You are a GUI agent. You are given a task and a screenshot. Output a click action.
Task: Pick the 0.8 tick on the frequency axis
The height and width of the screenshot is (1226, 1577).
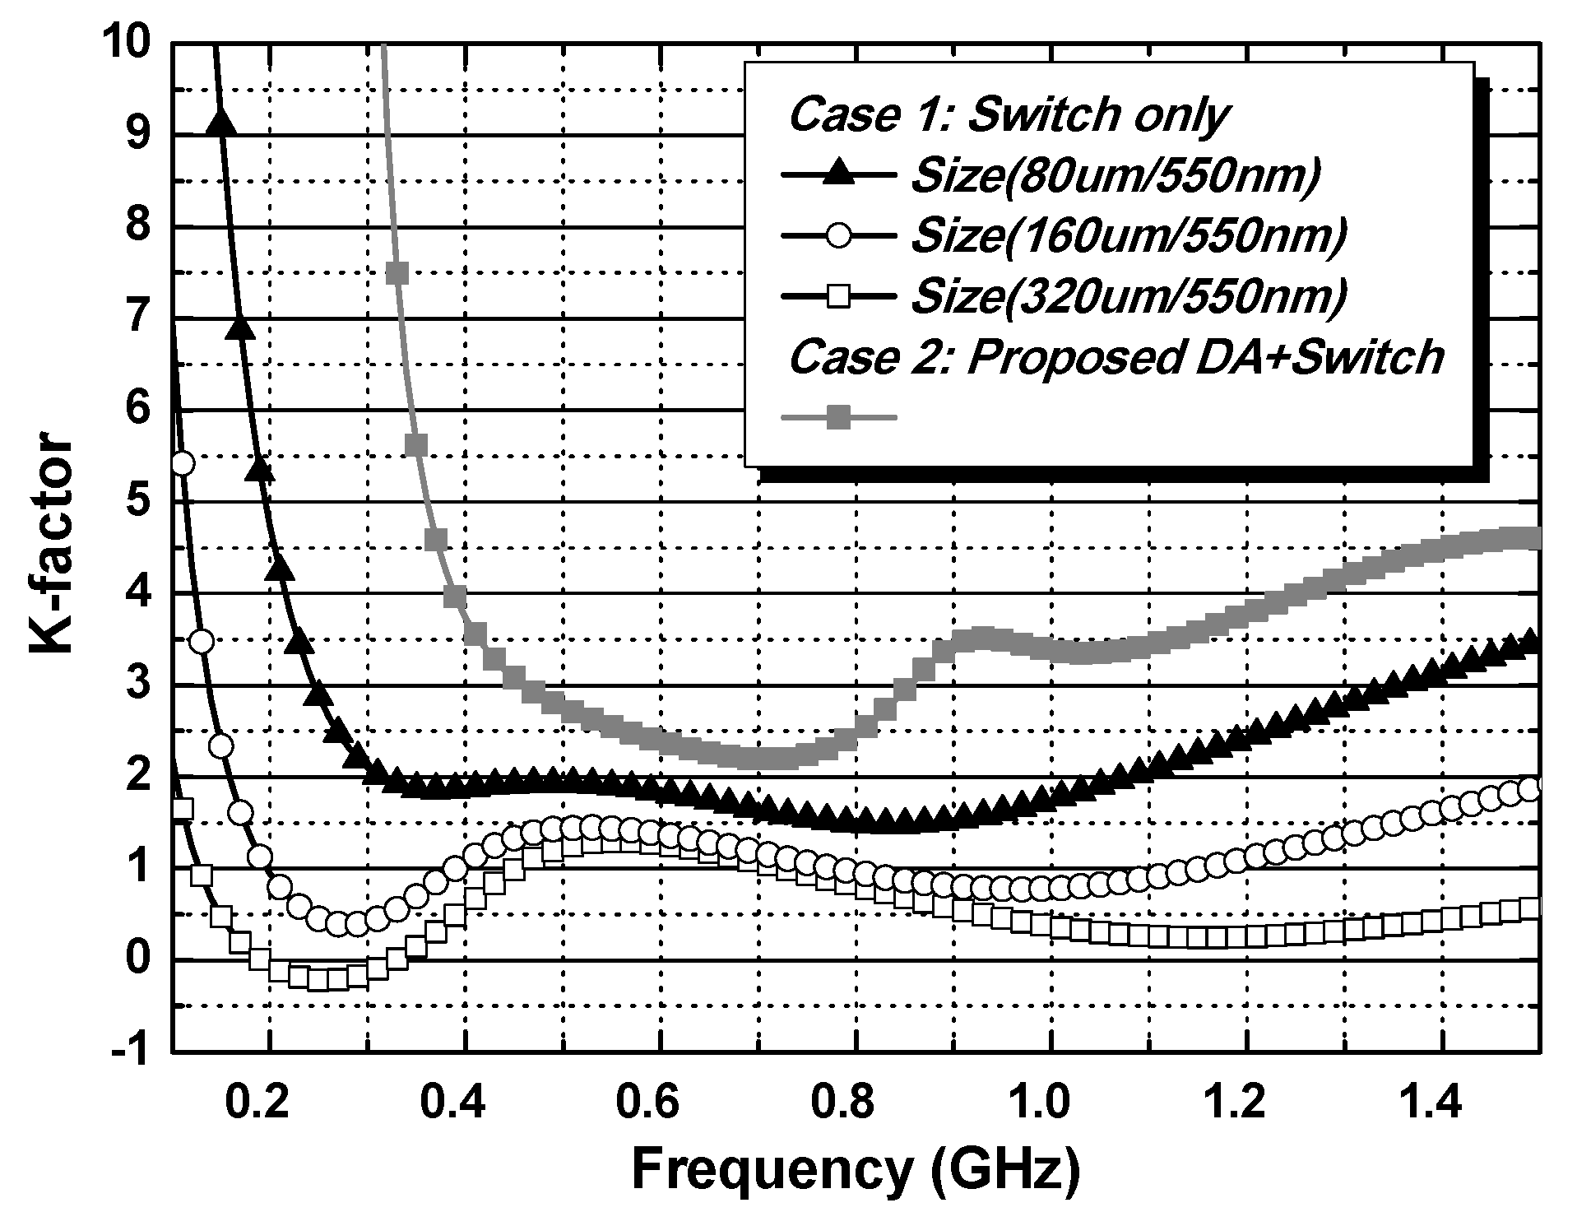(x=854, y=1103)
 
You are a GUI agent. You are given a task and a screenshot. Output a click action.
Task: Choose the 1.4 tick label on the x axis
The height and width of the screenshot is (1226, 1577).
(x=1440, y=1103)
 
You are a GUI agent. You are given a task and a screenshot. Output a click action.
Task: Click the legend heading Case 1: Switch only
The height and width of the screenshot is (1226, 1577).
(x=1009, y=115)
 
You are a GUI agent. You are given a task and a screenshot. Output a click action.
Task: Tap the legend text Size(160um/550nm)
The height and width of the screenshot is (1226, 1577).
(x=1129, y=236)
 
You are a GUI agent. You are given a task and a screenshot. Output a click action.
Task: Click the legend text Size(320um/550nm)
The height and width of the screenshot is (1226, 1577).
(x=1129, y=296)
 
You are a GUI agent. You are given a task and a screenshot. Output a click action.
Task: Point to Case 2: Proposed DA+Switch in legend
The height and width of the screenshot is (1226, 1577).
(x=1116, y=357)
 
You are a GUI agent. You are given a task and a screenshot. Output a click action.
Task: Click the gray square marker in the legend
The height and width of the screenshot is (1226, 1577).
(x=838, y=418)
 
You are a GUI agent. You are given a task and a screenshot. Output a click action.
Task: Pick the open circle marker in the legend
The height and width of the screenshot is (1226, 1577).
(x=838, y=236)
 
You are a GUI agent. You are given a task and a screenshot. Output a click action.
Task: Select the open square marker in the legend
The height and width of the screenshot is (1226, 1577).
(x=838, y=296)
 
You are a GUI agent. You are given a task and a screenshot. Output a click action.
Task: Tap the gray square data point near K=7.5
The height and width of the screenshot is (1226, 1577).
(x=397, y=272)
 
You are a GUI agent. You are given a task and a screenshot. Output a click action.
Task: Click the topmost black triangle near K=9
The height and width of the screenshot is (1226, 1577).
(x=222, y=123)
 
